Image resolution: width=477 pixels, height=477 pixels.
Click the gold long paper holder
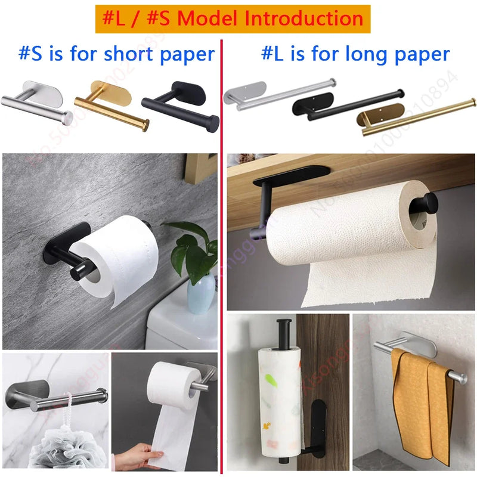tap(417, 116)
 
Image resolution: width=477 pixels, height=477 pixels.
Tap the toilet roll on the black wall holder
tap(119, 256)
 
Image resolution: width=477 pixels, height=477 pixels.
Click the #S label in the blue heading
tap(31, 54)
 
